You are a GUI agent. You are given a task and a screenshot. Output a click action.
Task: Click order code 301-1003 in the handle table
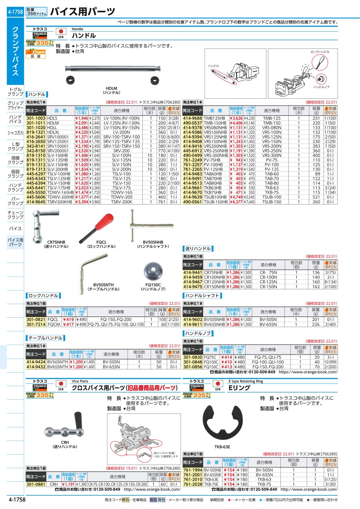click(36, 118)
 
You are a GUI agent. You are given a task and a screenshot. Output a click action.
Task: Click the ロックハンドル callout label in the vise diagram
click(320, 52)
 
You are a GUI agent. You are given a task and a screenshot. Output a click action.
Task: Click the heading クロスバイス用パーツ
click(124, 388)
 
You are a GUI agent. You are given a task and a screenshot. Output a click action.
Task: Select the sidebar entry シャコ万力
click(15, 133)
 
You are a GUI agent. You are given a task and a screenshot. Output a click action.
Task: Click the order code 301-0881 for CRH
click(36, 484)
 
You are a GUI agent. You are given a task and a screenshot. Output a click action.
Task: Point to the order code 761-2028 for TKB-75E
click(193, 484)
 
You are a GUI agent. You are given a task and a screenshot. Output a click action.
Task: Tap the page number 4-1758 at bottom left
click(16, 500)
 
